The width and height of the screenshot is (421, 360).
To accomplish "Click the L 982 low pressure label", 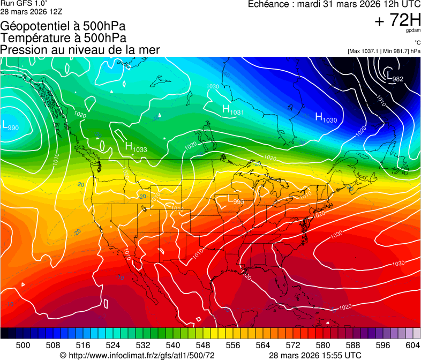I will point(395,77).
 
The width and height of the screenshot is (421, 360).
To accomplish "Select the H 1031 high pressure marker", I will point(233,110).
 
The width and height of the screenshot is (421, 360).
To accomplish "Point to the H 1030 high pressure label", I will point(326,117).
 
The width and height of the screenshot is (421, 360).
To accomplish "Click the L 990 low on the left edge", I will point(10,126).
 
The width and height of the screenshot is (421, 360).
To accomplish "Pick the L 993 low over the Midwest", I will point(236,200).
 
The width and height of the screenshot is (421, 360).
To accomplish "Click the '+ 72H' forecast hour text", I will point(397,20).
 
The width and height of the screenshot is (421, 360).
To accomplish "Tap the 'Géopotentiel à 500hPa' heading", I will point(63,26).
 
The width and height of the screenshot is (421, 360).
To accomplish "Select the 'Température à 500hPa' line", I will point(63,38).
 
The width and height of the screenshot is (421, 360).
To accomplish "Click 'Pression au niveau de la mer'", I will point(80,50).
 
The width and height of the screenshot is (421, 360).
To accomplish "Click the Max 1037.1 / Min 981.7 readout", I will point(384,51).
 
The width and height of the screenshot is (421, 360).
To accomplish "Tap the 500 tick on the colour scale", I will point(23,344).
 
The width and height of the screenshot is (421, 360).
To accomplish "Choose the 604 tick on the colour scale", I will point(412,344).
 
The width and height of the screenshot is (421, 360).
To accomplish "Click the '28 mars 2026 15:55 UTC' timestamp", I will point(314,355).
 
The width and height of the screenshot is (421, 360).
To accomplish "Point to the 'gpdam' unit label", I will point(414,31).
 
